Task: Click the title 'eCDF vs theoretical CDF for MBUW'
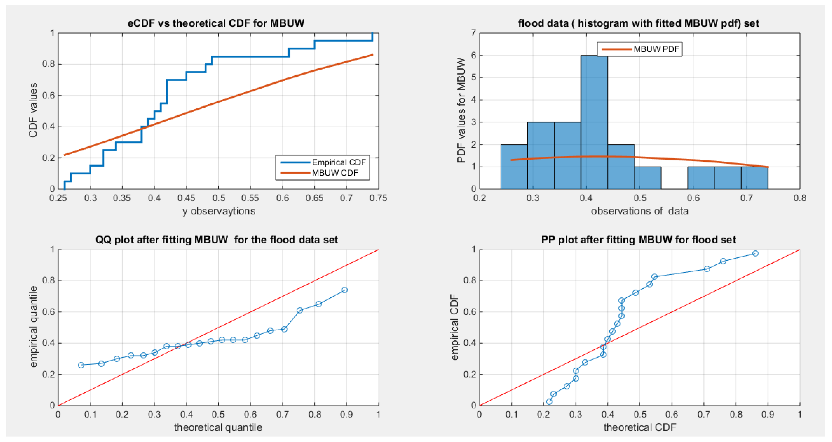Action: [216, 23]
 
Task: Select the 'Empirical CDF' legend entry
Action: [338, 162]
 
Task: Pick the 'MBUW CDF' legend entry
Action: [335, 173]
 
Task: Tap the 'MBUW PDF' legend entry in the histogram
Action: [656, 49]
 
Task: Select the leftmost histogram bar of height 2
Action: [514, 167]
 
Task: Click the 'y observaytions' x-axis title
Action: [219, 211]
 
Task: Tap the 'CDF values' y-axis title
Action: [33, 110]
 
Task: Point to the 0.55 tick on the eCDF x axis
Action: [250, 198]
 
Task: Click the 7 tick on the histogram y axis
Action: [474, 33]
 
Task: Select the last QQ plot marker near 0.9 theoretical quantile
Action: [344, 290]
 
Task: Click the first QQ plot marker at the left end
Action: [81, 365]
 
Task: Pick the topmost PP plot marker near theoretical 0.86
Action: [755, 253]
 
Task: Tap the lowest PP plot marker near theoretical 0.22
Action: [549, 401]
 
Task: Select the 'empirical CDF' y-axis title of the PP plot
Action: [454, 327]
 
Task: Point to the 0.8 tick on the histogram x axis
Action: [800, 198]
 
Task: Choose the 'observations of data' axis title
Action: [639, 211]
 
